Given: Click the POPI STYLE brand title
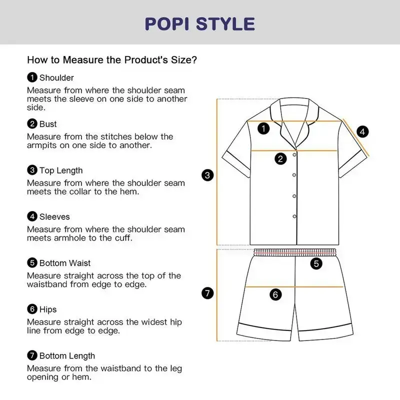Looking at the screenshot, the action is point(199,24).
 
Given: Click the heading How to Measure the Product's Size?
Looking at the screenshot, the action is point(112,60).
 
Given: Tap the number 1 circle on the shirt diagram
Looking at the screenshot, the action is point(263,128).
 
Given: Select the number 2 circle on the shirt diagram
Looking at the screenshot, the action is point(280,159).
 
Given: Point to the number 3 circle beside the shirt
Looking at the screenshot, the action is point(207,175).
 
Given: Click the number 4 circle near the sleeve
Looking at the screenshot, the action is point(362,131).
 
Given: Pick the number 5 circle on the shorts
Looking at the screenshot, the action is point(316,263).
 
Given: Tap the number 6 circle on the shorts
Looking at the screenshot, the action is point(275,294).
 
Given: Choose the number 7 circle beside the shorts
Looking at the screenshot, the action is point(207,293).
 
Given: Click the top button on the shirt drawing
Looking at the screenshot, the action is point(294,155).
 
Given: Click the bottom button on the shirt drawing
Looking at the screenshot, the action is point(294,216).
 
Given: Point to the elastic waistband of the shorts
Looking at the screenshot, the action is point(295,252).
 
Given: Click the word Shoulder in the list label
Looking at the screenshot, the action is point(56,78).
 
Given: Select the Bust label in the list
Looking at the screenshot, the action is point(48,124).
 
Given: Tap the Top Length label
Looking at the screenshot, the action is point(61,170).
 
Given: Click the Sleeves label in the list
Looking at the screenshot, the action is point(54,217).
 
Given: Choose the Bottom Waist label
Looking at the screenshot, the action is point(65,263).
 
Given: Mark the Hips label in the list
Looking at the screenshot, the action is point(48,309).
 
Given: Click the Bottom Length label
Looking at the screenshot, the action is point(67,356).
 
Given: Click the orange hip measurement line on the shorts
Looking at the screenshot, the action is point(294,287).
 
